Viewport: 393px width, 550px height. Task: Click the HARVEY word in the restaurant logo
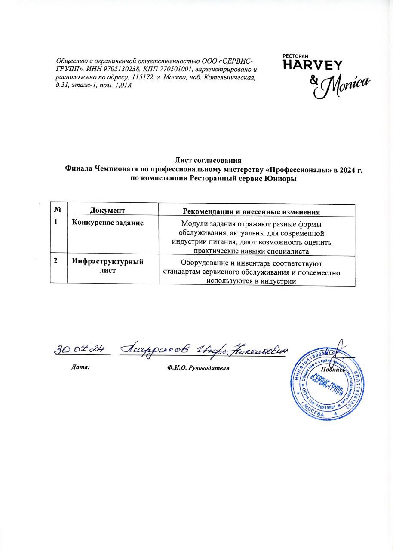[312, 64]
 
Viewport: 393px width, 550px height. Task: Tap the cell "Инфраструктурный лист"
[107, 266]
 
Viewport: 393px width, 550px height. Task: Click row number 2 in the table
[55, 261]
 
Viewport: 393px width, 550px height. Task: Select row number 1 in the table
[55, 223]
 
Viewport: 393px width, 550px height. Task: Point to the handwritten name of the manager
[203, 350]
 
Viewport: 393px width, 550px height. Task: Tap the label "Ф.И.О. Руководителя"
[197, 368]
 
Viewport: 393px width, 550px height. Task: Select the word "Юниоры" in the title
[281, 178]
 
